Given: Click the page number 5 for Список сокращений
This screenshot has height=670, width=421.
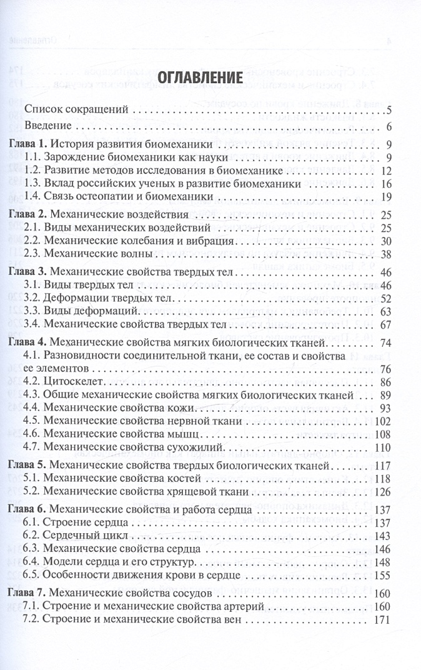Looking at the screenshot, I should click(x=388, y=111).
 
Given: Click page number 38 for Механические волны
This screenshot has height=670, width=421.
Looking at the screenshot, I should click(x=385, y=254).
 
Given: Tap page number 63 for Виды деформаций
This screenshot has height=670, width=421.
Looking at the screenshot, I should click(x=385, y=311).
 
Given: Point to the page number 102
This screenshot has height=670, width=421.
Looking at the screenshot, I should click(x=382, y=421).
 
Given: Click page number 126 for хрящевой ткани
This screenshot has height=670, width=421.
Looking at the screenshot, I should click(x=382, y=492).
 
